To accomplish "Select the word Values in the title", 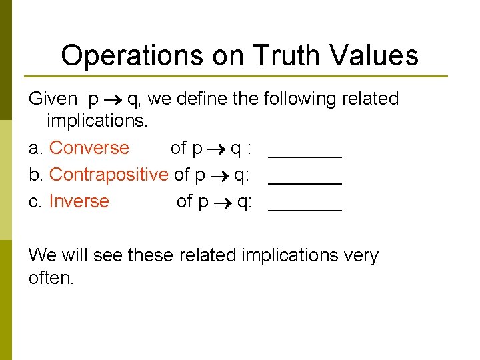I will point(376,55).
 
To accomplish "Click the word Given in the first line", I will point(53,99).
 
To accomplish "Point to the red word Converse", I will point(89,147).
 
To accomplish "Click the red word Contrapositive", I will point(109,175).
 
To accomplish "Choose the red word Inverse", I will point(79,201).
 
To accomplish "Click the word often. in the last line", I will point(51,278).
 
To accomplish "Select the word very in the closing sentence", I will point(359,256).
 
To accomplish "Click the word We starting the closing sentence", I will point(43,255).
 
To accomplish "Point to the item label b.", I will point(36,175).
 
